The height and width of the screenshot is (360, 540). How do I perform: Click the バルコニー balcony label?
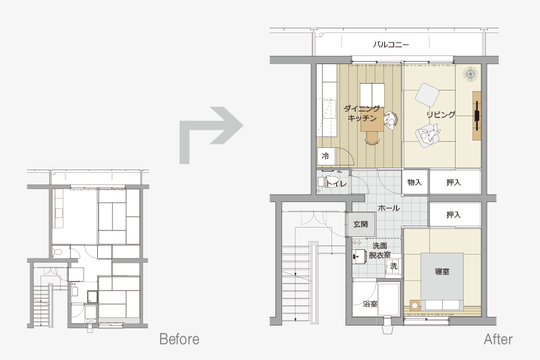click(x=391, y=45)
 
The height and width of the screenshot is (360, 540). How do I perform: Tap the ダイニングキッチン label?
click(x=362, y=113)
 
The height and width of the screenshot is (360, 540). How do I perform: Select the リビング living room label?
click(x=441, y=114)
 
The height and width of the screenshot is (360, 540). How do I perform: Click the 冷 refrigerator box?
click(x=326, y=156)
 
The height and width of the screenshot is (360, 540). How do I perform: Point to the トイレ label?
click(x=336, y=183)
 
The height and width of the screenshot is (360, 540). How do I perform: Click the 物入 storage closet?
click(x=414, y=182)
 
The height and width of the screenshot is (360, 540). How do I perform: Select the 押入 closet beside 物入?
click(x=454, y=182)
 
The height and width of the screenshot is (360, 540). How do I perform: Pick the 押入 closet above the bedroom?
click(x=454, y=215)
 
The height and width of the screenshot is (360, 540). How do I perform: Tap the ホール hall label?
click(x=389, y=208)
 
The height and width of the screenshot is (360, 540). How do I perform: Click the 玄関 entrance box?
click(x=360, y=224)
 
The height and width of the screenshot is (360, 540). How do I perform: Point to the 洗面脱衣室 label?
click(x=380, y=250)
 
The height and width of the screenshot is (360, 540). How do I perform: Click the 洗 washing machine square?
click(x=394, y=266)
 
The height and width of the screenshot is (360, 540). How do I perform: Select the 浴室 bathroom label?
click(x=370, y=304)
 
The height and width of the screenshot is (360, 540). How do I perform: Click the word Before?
click(x=180, y=339)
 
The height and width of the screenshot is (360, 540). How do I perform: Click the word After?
click(x=498, y=339)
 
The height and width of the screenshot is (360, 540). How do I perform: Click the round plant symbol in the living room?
click(x=470, y=74)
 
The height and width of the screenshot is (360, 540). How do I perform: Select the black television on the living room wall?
click(x=477, y=115)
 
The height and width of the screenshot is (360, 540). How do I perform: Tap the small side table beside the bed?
click(x=414, y=305)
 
